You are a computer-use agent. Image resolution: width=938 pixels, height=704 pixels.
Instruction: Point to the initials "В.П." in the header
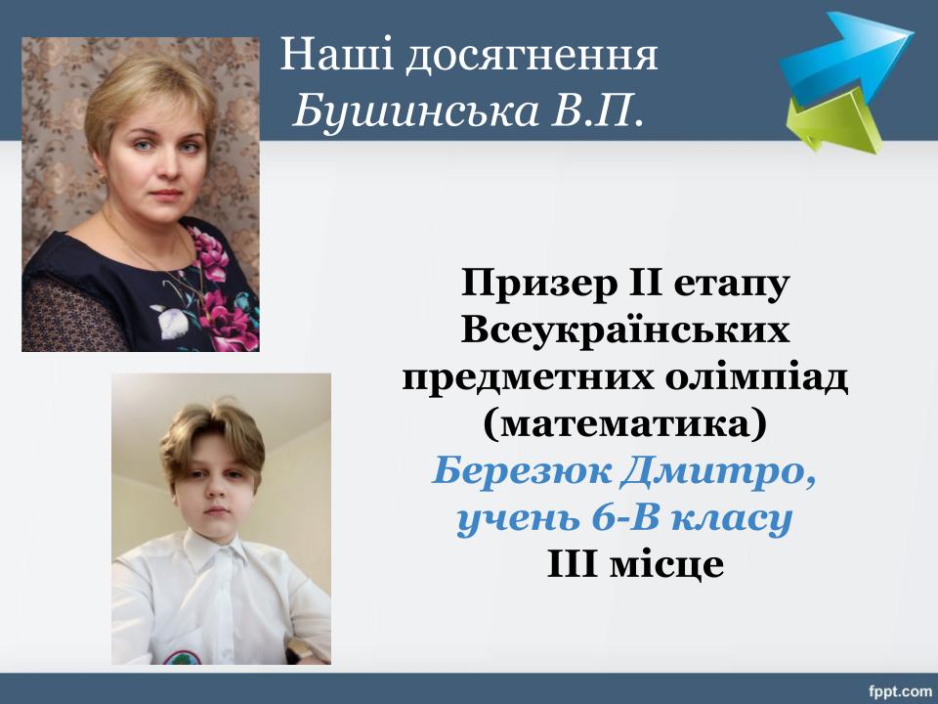tap(598, 110)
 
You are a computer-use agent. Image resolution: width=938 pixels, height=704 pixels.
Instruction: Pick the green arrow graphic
tap(834, 124)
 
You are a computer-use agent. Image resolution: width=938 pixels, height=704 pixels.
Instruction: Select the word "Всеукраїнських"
tap(625, 330)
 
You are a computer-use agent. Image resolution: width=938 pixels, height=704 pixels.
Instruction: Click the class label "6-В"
tap(624, 518)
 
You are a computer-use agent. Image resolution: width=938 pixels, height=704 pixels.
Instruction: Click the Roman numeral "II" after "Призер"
tap(646, 284)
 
